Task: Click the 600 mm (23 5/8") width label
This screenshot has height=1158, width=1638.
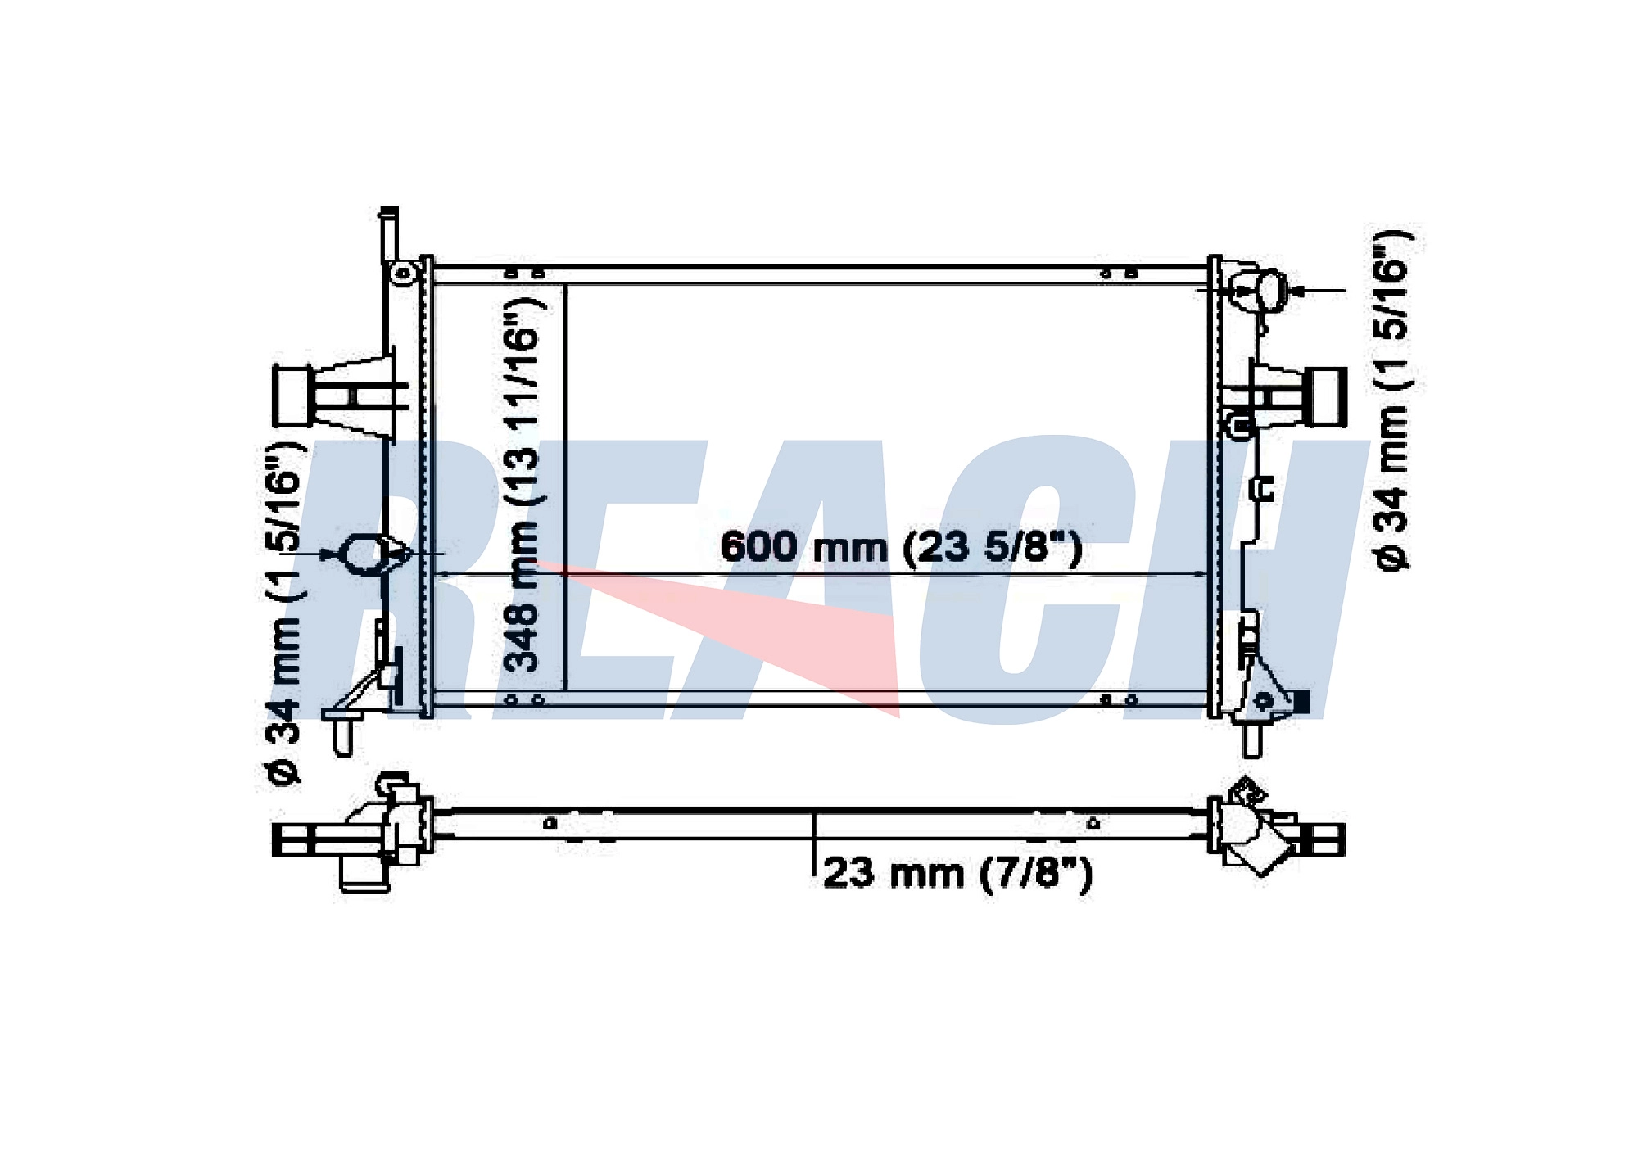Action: [x=901, y=547]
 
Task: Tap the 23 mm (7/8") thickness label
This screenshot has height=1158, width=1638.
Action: [x=957, y=873]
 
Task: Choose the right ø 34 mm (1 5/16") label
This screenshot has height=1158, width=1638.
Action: [x=1393, y=400]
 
